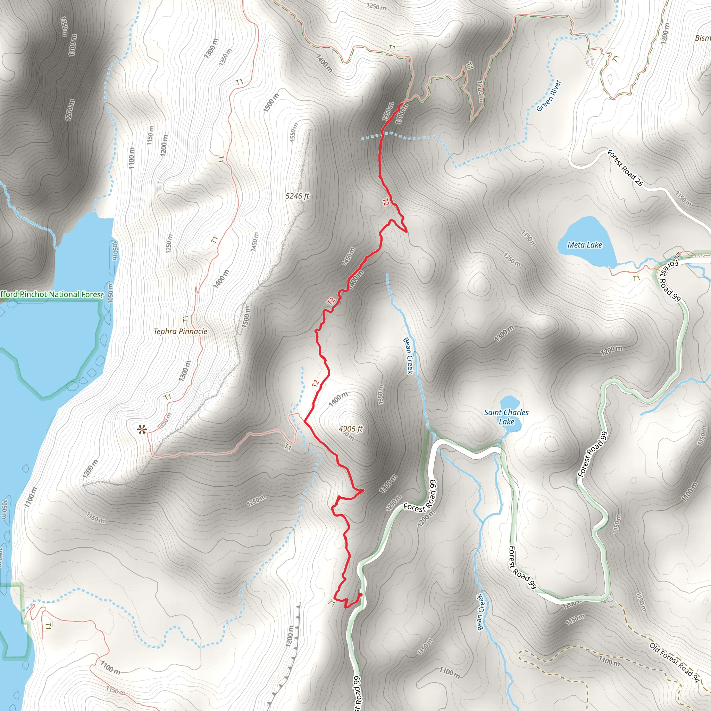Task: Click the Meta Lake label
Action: click(585, 245)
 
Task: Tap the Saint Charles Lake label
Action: click(506, 417)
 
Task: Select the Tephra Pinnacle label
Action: click(180, 331)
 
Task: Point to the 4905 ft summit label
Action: click(350, 429)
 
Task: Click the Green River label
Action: click(548, 96)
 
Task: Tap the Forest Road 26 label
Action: click(625, 168)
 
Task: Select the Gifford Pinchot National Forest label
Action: click(51, 294)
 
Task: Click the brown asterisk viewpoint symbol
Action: click(142, 429)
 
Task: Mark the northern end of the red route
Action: click(400, 104)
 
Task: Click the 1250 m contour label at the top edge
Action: click(376, 6)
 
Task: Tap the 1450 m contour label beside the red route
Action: click(348, 257)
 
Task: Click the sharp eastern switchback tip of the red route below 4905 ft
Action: click(363, 490)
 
